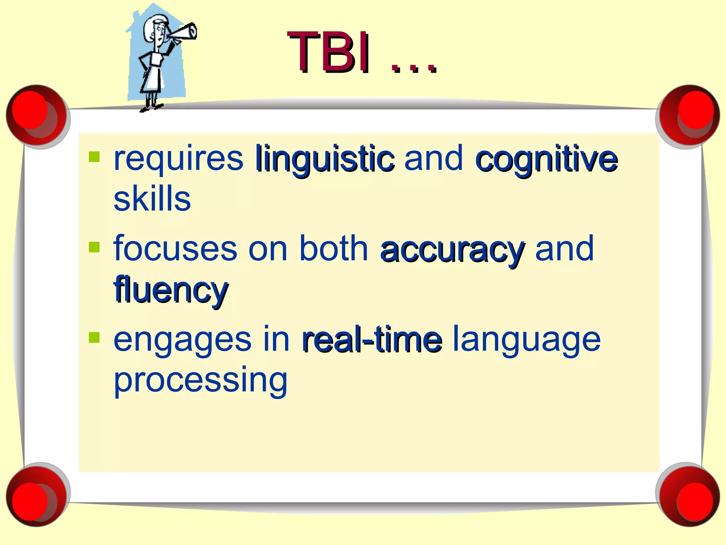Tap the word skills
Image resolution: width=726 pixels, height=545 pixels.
click(x=152, y=199)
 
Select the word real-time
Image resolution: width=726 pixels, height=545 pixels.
click(x=372, y=340)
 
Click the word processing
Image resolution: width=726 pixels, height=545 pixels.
click(x=201, y=380)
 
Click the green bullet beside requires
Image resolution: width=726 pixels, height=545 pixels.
click(x=94, y=156)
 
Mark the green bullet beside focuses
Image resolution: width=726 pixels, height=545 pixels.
click(x=94, y=247)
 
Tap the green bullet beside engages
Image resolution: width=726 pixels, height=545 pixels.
click(x=94, y=337)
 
